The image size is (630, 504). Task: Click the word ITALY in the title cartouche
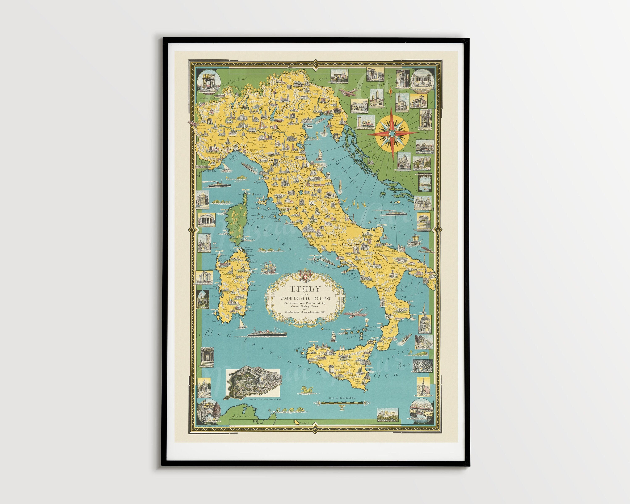(305, 289)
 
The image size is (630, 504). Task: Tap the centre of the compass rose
(392, 133)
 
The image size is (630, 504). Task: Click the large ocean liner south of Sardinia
(267, 333)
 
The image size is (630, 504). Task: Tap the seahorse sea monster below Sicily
(306, 390)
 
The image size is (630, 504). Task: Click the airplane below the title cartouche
(354, 315)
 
